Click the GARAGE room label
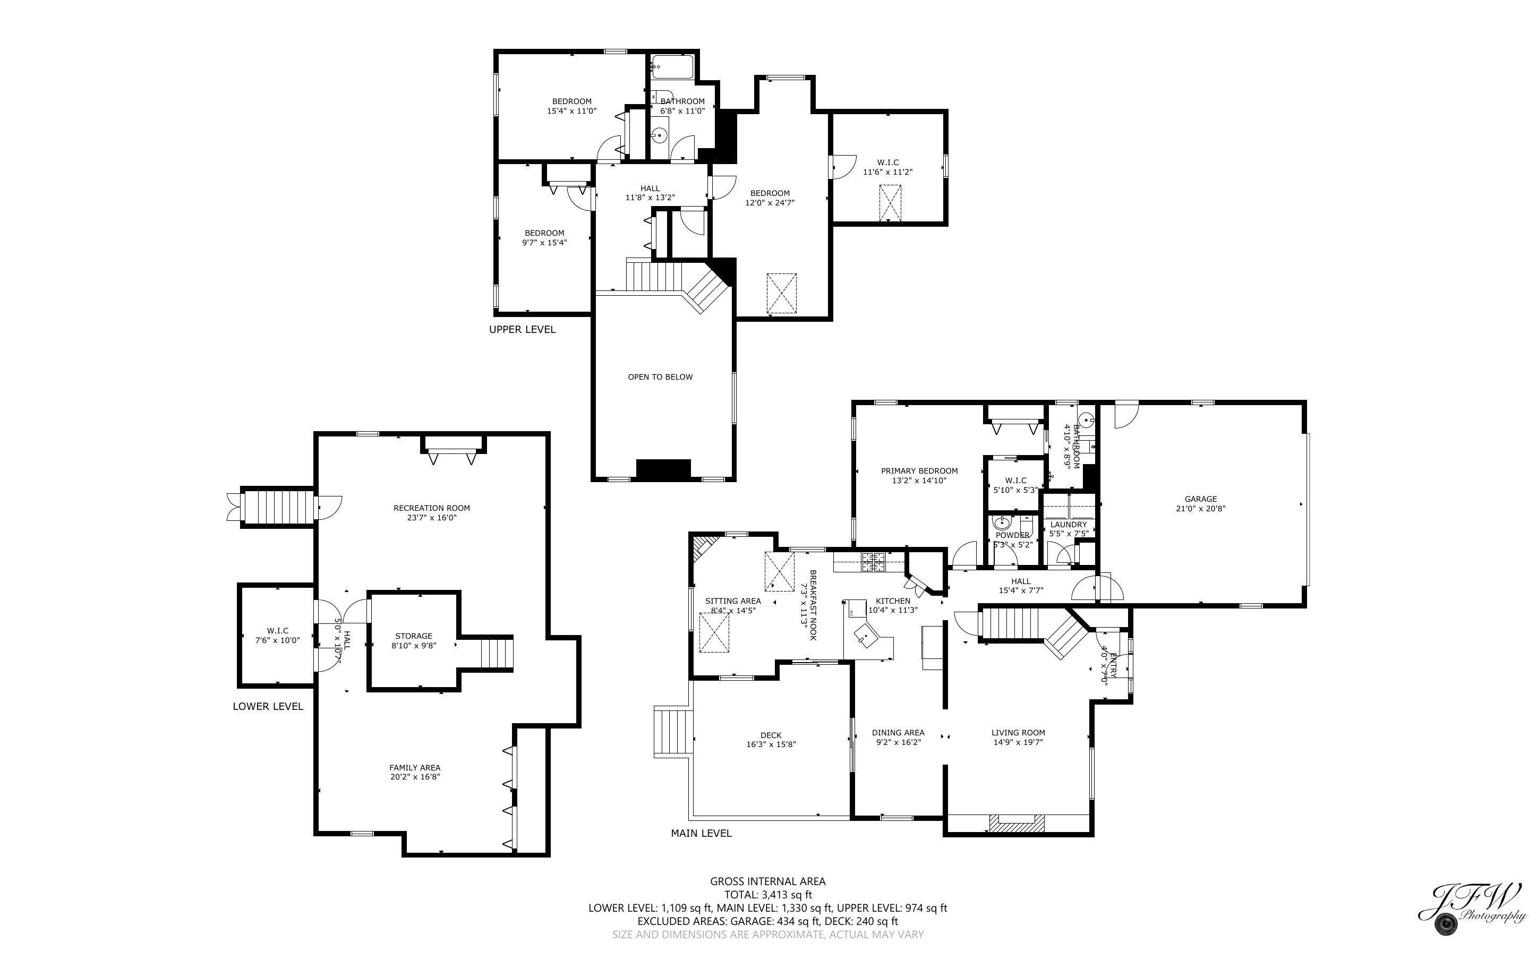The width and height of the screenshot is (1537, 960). coord(1200,499)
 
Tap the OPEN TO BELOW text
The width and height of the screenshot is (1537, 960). coord(660,377)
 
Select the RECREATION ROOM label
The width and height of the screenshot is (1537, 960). coord(432,508)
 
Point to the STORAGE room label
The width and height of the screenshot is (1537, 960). coord(413,636)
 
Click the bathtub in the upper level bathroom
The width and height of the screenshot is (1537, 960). coord(672,67)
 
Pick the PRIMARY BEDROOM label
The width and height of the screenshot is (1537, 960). coord(919,471)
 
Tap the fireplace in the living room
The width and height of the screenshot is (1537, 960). coord(1017,824)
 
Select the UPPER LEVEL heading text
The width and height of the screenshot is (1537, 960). coord(522,330)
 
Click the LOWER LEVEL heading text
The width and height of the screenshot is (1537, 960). coord(268,707)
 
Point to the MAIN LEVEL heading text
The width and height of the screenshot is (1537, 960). coord(701,834)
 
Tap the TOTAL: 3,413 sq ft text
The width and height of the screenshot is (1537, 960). coord(767,895)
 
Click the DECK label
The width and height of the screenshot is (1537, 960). coord(771,735)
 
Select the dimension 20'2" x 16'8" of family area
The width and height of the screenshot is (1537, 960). coord(415,777)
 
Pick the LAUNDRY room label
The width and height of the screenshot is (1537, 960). coord(1069,525)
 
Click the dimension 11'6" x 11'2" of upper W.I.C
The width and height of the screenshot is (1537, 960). coord(887,172)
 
